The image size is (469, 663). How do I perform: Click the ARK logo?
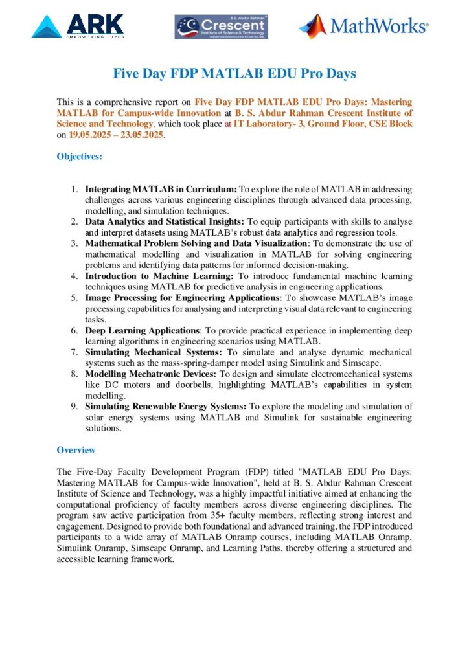pos(77,27)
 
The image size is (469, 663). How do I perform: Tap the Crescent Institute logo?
pos(221,27)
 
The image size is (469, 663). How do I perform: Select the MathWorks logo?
pos(363,27)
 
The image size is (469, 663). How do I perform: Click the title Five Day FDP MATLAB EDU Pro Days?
pos(234,74)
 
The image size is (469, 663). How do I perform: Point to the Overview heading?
pos(76,450)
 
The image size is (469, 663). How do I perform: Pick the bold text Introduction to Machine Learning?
pos(160,276)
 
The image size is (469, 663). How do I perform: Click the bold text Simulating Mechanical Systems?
pos(154,352)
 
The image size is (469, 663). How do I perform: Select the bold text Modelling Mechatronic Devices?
pos(154,374)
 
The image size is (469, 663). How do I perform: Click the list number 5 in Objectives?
pos(74,298)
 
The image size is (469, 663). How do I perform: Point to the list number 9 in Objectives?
pos(74,407)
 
